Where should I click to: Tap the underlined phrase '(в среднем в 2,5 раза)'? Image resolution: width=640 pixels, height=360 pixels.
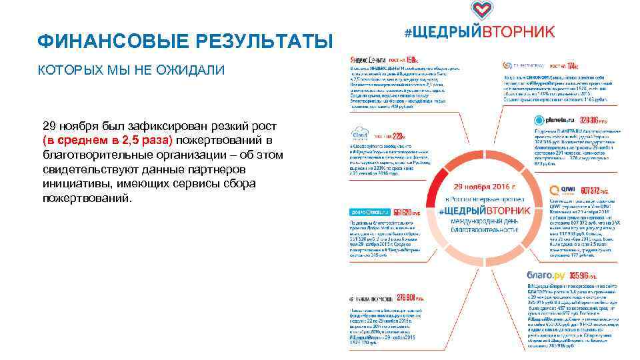pyautogui.click(x=107, y=141)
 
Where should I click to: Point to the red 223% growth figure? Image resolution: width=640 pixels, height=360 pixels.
pyautogui.click(x=405, y=135)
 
